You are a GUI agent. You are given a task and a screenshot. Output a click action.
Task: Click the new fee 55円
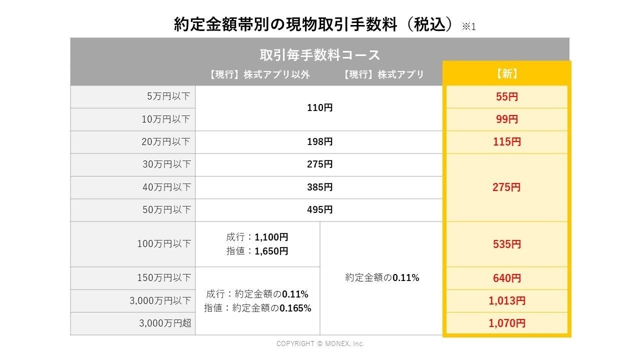[506, 97]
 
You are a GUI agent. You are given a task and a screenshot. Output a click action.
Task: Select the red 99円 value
[506, 119]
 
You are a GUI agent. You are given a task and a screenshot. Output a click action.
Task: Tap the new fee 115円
[506, 142]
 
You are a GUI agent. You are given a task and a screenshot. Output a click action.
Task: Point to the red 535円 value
[506, 244]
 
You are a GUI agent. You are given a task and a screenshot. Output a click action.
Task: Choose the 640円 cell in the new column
[506, 278]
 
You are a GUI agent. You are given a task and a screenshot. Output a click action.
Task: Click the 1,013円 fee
[506, 301]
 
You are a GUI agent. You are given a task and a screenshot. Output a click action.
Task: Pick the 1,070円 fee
[506, 323]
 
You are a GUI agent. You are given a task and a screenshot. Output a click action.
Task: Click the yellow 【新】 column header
[506, 74]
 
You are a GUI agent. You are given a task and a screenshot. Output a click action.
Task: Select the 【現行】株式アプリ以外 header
[259, 74]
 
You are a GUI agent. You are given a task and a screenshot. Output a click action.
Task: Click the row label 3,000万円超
[165, 323]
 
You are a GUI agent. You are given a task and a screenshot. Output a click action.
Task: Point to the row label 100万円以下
[164, 244]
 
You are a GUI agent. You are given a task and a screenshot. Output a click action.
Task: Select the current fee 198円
[319, 142]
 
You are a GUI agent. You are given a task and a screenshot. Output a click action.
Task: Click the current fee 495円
[319, 210]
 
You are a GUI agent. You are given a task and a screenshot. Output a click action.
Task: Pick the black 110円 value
[319, 108]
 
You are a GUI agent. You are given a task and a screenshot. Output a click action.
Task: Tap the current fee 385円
[319, 187]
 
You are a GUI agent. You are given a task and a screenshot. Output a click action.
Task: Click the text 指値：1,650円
[257, 251]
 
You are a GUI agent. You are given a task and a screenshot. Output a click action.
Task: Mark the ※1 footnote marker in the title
[468, 26]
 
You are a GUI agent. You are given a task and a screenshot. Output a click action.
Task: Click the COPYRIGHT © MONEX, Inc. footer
[320, 343]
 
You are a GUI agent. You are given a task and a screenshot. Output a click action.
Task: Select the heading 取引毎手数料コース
[319, 54]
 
